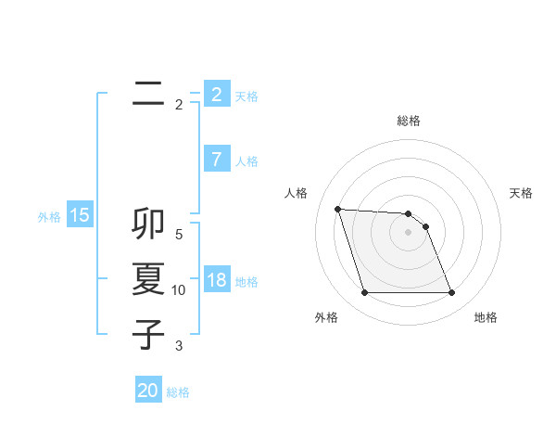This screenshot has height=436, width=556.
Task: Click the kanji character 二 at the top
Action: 147,94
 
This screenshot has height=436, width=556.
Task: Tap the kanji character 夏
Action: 147,279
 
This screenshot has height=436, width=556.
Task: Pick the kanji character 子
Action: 147,334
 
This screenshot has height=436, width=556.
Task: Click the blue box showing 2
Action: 216,95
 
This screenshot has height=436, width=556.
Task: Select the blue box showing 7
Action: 216,160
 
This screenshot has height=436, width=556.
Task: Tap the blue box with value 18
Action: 216,280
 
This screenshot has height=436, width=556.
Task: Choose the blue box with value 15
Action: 80,216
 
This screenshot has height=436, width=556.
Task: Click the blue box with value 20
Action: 147,391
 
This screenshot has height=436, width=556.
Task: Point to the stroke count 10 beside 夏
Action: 179,290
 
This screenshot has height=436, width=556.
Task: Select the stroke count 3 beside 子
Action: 179,346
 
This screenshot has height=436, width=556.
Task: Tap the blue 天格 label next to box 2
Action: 246,96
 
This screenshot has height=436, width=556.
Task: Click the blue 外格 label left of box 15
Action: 49,217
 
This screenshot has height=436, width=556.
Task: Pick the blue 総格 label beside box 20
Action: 178,391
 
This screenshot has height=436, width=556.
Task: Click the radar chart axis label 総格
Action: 408,121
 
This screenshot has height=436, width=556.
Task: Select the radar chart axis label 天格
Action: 522,193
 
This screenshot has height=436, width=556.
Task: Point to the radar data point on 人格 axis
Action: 338,209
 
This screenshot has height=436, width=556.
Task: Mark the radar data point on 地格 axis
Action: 451,293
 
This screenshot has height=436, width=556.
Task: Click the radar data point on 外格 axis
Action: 364,293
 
